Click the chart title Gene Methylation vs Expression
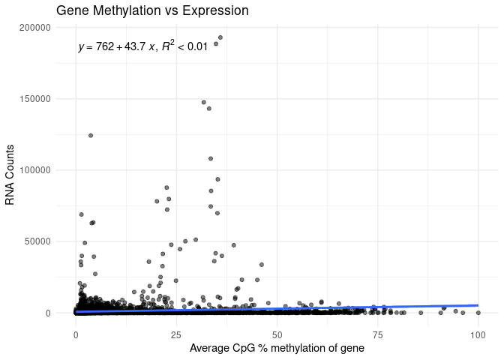[x=152, y=11]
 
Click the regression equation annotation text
[x=142, y=47]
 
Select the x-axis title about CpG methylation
[x=277, y=348]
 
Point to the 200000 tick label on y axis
[x=34, y=28]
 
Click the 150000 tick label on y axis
[x=34, y=99]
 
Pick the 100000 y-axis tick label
[x=34, y=170]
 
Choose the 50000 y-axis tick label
[x=37, y=241]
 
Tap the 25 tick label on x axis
[x=176, y=331]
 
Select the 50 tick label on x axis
[x=277, y=331]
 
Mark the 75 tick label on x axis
[x=378, y=331]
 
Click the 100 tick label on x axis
[x=478, y=331]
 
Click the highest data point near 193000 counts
[x=220, y=37]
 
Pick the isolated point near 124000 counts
[x=91, y=136]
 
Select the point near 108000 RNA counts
[x=211, y=159]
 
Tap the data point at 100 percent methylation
[x=478, y=312]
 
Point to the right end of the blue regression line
[x=478, y=305]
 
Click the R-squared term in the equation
[x=168, y=46]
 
